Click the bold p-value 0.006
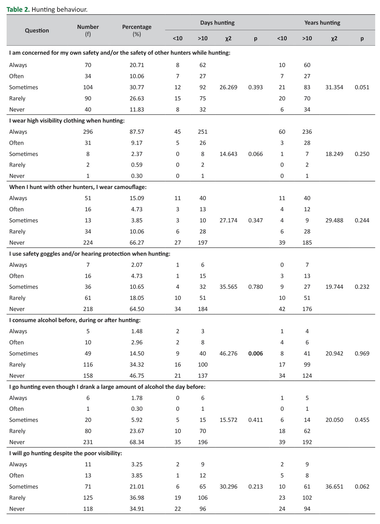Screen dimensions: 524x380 [256, 354]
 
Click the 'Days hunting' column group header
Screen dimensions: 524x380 [217, 23]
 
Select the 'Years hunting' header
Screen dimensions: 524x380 [322, 23]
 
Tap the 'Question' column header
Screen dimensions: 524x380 [37, 31]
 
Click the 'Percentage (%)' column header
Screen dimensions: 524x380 [137, 30]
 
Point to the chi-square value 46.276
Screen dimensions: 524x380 [228, 354]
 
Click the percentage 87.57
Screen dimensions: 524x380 [137, 132]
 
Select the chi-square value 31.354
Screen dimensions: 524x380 [334, 87]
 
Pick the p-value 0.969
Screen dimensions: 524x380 [362, 354]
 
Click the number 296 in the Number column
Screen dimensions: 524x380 [88, 132]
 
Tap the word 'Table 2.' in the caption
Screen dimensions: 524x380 [18, 9]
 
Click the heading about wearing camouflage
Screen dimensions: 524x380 [78, 187]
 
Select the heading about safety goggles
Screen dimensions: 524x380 [90, 254]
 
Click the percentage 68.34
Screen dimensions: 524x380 [137, 442]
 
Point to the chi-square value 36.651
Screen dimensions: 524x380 [334, 487]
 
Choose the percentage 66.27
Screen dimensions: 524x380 [137, 243]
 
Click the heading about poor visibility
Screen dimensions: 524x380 [66, 453]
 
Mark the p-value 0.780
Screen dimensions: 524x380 [256, 287]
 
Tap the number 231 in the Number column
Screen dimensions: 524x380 [88, 442]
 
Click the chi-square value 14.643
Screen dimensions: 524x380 [228, 154]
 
